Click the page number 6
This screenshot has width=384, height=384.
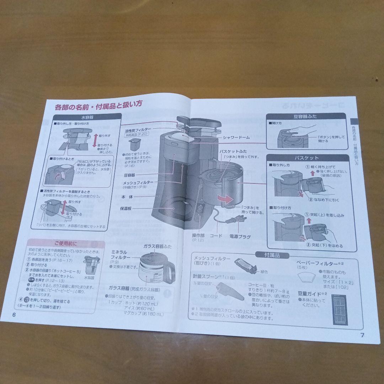[14, 315]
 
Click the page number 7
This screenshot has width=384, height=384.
[362, 335]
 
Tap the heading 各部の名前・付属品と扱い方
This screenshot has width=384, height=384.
[98, 105]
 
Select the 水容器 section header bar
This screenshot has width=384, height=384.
[87, 117]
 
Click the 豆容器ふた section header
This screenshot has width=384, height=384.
[306, 116]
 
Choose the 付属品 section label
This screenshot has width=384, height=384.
[272, 255]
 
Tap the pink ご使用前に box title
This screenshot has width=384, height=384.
[65, 244]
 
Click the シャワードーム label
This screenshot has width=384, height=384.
[236, 137]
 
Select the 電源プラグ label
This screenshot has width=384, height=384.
[240, 236]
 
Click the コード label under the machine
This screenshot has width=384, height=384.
[216, 236]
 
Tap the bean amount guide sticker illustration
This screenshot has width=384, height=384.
[340, 309]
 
